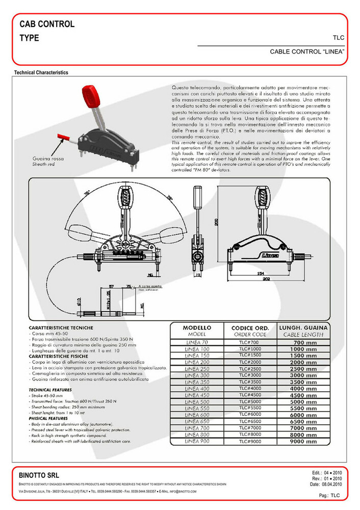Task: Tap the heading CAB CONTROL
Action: pos(47,24)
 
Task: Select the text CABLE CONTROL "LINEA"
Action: pos(307,52)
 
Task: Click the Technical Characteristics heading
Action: pos(41,73)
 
